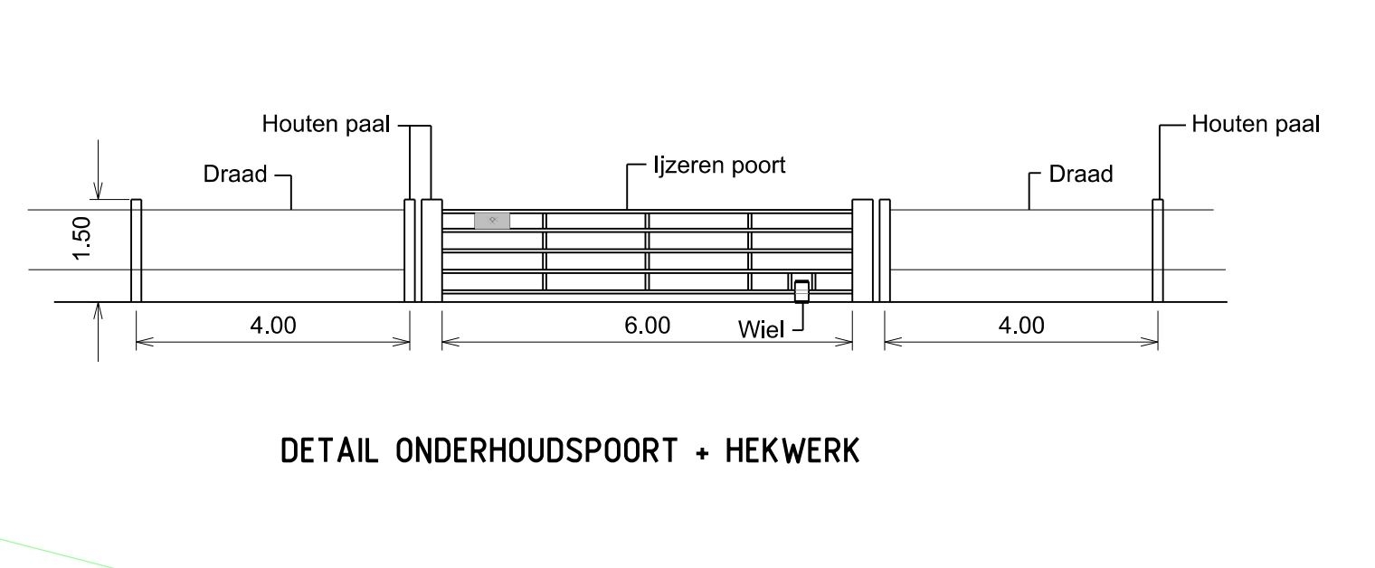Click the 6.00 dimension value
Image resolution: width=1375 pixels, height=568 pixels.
[x=647, y=325]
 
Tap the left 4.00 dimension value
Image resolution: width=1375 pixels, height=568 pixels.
[x=272, y=325]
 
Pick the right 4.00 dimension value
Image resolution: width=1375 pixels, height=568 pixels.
[x=1020, y=325]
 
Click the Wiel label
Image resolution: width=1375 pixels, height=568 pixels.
[x=761, y=329]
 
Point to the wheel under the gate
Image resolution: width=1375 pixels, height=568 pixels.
[x=801, y=291]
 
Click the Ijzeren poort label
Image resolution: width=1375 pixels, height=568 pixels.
[x=719, y=166]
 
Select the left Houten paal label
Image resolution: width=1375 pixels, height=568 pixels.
[x=326, y=124]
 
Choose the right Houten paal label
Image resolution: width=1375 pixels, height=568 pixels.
[x=1256, y=124]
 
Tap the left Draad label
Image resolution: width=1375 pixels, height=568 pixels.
[x=235, y=174]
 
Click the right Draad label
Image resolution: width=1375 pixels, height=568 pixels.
[x=1081, y=174]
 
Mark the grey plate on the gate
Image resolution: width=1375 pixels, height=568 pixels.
[x=492, y=220]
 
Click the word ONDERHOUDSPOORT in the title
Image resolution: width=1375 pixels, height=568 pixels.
[x=536, y=450]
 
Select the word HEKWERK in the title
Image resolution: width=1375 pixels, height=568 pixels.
[x=792, y=450]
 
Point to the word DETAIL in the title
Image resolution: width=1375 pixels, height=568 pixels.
[x=329, y=450]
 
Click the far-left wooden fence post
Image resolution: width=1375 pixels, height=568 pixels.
[x=137, y=251]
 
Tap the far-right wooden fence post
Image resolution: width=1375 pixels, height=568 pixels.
[x=1157, y=251]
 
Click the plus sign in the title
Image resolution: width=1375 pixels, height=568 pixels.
[x=702, y=452]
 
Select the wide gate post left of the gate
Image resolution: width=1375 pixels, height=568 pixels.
[x=431, y=251]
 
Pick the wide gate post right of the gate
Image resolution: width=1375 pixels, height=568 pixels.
[x=863, y=251]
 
